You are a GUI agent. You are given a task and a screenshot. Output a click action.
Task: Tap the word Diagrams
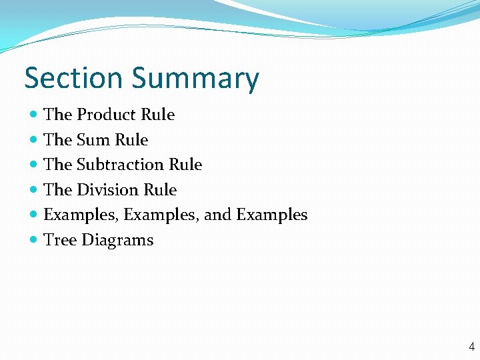point(117,241)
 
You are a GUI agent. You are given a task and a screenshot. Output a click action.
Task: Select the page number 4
point(472,347)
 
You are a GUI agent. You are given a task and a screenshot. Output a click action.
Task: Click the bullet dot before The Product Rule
point(34,115)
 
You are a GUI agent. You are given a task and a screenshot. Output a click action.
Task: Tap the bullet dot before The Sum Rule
point(34,140)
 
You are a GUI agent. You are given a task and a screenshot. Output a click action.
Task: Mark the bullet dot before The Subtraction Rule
point(34,165)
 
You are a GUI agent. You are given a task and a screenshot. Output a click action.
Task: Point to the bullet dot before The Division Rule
point(34,190)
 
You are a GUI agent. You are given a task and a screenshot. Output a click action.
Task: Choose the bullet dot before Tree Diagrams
point(34,240)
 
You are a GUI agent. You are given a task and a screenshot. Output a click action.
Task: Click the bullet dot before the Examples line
point(34,215)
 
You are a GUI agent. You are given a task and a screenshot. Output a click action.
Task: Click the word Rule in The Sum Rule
point(131,140)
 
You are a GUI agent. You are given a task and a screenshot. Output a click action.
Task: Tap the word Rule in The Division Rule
point(160,190)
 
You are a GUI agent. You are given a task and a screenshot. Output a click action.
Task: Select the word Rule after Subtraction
point(185,165)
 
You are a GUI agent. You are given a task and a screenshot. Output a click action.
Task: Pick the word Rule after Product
point(158,115)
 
